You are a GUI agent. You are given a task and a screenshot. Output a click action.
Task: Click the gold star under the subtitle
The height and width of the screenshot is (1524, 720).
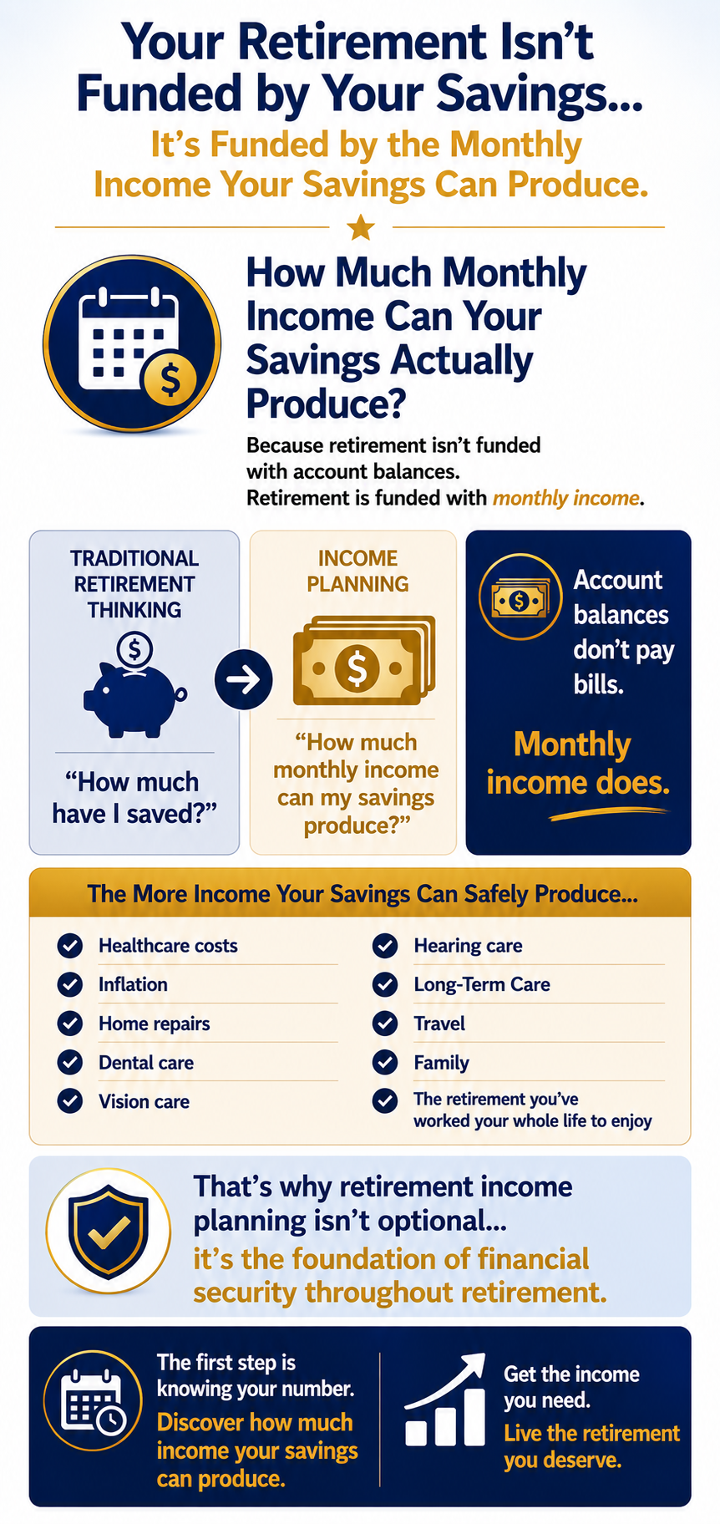360,226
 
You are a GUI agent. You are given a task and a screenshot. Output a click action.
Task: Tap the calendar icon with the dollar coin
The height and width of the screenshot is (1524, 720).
132,343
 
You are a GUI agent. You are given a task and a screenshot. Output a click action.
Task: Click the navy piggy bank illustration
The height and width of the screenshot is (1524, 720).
134,686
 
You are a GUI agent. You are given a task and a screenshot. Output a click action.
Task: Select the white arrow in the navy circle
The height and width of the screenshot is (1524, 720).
244,680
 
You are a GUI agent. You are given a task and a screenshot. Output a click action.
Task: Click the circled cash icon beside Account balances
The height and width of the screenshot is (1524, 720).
520,597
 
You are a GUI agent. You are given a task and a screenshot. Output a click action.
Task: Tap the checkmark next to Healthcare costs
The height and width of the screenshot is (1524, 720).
70,946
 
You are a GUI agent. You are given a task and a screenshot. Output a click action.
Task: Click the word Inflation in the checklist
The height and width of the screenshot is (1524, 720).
133,984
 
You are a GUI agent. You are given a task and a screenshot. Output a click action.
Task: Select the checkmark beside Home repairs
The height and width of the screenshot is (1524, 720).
70,1024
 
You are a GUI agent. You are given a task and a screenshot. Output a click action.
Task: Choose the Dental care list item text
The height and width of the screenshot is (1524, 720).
146,1063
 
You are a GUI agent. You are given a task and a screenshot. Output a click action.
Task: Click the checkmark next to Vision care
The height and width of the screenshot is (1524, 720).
70,1101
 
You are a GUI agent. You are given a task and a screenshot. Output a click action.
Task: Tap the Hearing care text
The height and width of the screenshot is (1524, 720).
468,946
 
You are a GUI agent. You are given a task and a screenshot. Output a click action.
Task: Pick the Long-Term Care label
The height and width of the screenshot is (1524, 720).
482,984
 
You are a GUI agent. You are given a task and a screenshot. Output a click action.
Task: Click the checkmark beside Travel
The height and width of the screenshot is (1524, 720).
385,1024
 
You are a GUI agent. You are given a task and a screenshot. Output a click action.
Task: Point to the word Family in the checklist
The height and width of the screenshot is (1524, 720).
441,1063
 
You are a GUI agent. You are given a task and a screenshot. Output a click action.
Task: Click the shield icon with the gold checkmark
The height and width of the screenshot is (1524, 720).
109,1232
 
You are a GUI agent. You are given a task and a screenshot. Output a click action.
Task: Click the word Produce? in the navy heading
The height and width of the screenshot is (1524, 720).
326,404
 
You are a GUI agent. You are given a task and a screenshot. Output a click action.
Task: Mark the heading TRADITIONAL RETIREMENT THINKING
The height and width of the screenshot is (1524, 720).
134,584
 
